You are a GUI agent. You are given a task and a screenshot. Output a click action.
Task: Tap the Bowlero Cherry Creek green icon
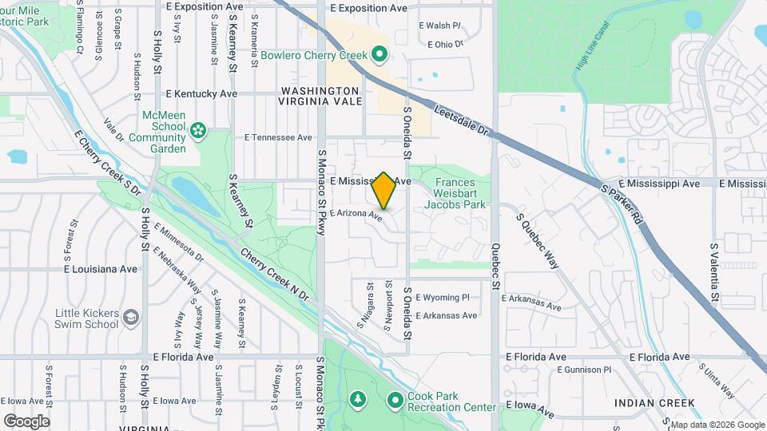click(x=380, y=55)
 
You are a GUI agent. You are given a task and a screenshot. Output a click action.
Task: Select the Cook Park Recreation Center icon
click(x=396, y=398)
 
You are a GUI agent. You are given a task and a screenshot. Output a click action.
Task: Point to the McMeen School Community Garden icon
click(x=198, y=128)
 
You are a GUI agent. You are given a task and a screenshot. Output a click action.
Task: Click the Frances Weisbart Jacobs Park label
click(x=460, y=192)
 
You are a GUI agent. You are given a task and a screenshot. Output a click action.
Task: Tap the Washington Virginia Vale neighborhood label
click(x=319, y=96)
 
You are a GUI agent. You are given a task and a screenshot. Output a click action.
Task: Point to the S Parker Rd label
click(x=622, y=204)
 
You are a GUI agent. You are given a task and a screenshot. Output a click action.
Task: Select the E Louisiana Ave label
click(x=101, y=269)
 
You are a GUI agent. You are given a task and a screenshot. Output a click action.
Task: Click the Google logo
click(x=26, y=421)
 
